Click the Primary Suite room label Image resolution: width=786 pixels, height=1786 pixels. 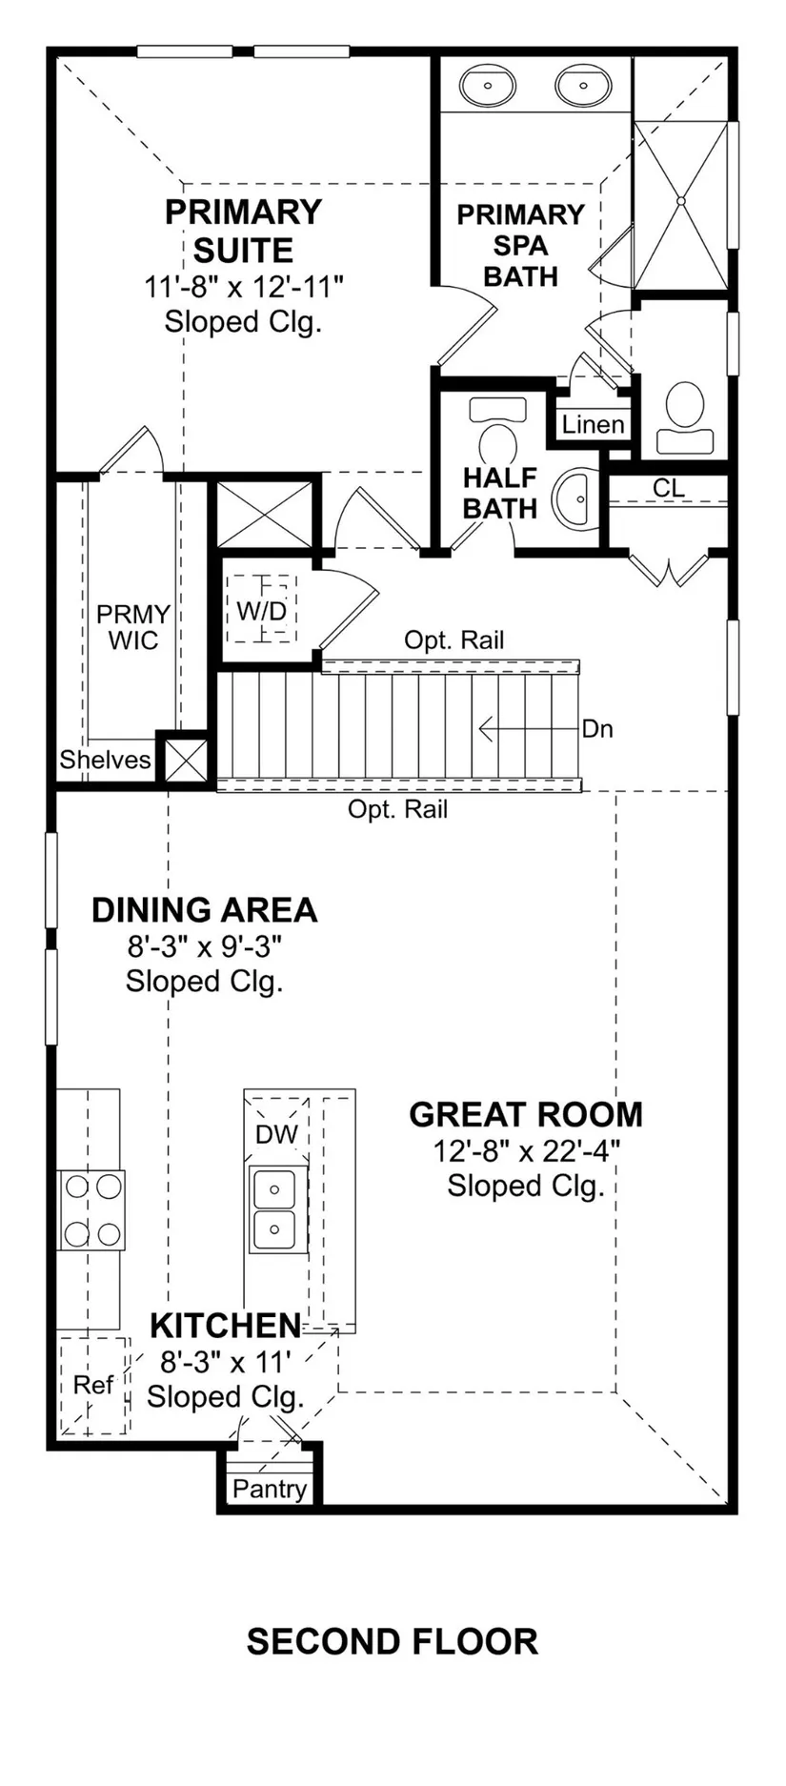[244, 231]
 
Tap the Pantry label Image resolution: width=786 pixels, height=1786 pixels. [270, 1489]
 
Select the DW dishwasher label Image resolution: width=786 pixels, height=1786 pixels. [277, 1134]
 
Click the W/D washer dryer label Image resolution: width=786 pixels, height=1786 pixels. [261, 611]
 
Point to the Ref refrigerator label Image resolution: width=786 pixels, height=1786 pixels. [93, 1384]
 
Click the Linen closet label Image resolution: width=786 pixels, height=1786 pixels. [594, 424]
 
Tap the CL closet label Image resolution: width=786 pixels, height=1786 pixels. [669, 488]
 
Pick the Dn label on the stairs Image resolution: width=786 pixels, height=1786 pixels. [597, 729]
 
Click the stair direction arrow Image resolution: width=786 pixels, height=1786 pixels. [529, 730]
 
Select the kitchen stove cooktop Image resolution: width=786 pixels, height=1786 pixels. [91, 1209]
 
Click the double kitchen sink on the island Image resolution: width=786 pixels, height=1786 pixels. [277, 1208]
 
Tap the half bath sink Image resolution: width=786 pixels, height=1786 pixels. [576, 497]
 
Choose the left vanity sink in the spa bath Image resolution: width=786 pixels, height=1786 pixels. [488, 87]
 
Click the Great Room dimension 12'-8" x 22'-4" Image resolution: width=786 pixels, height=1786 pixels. [526, 1151]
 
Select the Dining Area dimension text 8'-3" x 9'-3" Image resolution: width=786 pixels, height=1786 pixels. [205, 946]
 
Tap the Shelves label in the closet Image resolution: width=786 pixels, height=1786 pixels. [105, 760]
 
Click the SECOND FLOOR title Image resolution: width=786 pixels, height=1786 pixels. [393, 1641]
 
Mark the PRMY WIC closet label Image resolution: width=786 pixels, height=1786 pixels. [133, 627]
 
